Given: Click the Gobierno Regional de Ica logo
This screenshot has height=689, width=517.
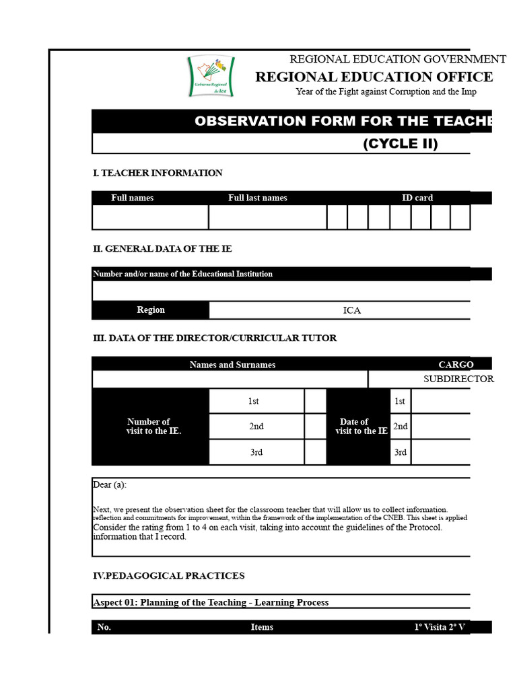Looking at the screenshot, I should pos(210,77).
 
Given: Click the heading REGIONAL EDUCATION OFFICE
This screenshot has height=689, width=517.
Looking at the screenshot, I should pos(374,77).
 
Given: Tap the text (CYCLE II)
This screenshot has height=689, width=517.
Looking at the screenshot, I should pos(401,144).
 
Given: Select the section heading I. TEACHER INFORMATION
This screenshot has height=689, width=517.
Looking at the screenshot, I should pos(158,173).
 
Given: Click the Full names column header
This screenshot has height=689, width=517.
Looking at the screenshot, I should pos(132,198).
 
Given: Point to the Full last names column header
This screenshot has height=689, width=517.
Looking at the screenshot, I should pos(258,198).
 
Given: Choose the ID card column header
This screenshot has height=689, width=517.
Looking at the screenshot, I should pos(417,198).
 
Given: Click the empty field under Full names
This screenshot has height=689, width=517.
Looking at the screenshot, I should pos(150,217).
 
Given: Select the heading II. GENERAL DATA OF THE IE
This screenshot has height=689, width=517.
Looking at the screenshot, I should pos(162,249).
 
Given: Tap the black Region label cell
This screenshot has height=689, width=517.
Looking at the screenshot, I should pos(150,310).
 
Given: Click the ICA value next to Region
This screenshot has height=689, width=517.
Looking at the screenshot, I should pos(351,310).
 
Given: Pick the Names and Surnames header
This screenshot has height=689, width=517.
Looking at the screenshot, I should pos(232,365).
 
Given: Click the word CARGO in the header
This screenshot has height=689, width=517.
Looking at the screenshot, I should pos(456,365).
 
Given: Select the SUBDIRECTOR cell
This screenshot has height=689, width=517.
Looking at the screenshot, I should pos(458,379).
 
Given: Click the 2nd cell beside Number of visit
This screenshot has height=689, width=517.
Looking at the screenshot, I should pos(256,427).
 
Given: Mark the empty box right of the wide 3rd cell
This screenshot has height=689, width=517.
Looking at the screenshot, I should pos(315,452).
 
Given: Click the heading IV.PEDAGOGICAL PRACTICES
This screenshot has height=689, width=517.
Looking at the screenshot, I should pos(168,575).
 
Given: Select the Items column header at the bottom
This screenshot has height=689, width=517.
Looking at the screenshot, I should pos(262,627).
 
